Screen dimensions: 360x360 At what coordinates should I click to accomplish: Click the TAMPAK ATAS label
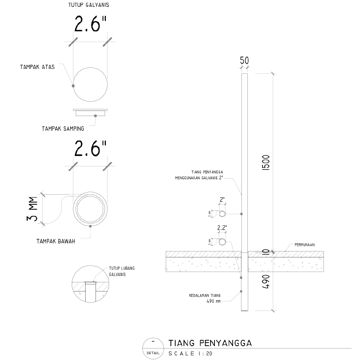point(37,67)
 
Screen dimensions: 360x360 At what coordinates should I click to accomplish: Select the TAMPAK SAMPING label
point(63,129)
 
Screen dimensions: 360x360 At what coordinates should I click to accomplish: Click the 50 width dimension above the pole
point(244,61)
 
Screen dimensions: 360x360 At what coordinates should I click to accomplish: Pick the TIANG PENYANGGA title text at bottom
point(210,343)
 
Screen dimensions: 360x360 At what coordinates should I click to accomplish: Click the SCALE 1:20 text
point(190,353)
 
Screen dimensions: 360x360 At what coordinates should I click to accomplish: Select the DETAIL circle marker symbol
point(153,348)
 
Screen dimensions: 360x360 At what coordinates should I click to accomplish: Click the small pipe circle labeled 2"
point(222,214)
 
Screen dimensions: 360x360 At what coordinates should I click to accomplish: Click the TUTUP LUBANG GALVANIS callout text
point(122,271)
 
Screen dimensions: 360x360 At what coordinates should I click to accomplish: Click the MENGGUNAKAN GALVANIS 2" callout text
point(199,178)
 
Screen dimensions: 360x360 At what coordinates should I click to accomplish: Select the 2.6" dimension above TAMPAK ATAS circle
point(90,25)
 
